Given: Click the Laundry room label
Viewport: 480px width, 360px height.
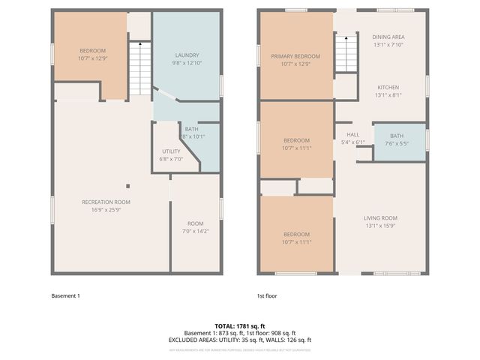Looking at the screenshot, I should click(186, 55).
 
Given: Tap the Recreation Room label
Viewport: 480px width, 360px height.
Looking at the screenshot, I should click(106, 202).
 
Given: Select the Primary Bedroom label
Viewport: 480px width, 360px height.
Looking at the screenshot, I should click(295, 56).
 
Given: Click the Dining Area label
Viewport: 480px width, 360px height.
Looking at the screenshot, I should click(388, 37).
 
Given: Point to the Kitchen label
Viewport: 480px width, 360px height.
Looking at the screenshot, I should click(388, 87).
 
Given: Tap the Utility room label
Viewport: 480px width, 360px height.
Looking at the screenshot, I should click(171, 151).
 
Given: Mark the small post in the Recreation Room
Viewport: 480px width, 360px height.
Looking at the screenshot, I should click(127, 186).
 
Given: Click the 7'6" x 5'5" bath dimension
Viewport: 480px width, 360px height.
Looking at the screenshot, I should click(396, 143).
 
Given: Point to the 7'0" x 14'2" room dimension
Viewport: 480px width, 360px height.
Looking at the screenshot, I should click(195, 231).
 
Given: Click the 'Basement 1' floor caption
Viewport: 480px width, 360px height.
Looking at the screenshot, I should click(65, 295).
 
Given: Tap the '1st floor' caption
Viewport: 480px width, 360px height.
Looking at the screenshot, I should click(267, 295).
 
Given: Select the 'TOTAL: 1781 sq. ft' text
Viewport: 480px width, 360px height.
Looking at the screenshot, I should click(239, 326).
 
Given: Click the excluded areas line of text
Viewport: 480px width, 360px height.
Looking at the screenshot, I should click(239, 340).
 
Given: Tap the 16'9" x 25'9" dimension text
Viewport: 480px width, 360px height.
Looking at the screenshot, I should click(106, 209).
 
